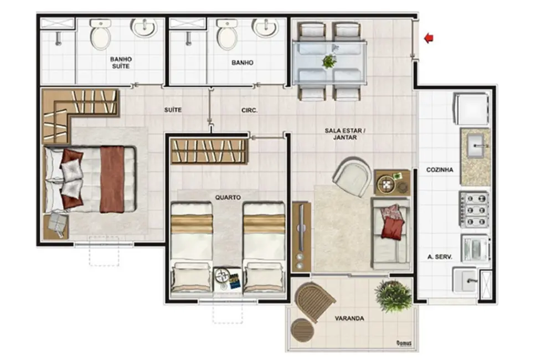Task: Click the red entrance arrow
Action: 429,38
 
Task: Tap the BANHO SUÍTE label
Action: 120,62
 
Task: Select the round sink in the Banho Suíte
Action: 143,27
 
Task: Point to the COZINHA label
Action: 440,170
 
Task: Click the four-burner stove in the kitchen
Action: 475,209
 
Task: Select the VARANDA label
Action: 349,318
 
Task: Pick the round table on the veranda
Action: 302,331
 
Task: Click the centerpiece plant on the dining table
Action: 329,60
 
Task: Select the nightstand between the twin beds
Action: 227,279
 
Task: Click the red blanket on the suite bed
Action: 112,178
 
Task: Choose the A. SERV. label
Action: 440,257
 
